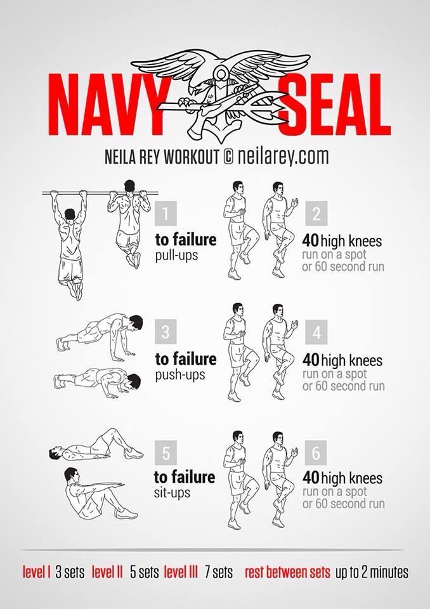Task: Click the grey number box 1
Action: point(166,214)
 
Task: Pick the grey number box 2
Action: point(316,214)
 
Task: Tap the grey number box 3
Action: point(166,332)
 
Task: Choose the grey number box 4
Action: point(316,332)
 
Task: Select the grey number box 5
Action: point(166,452)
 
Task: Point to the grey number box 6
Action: point(316,452)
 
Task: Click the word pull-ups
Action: point(177,256)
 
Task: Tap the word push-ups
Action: point(180,376)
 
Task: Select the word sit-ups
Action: point(172,493)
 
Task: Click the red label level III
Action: point(181,572)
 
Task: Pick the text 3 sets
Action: point(70,572)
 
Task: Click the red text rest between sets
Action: point(287,572)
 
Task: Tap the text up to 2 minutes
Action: point(372,572)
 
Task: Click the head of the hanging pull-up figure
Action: point(70,214)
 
